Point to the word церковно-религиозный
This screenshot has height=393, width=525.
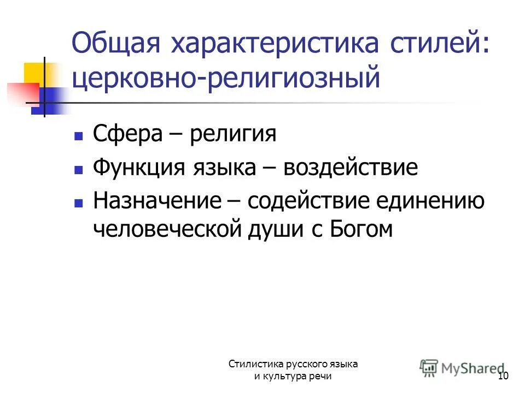point(225,78)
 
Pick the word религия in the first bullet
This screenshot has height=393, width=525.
point(233,134)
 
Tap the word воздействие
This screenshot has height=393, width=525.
point(351,167)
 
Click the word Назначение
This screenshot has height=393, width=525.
point(156,201)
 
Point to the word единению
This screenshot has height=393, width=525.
point(437,201)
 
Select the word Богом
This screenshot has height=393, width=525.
point(361,229)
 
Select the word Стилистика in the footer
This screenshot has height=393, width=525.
point(253,364)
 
